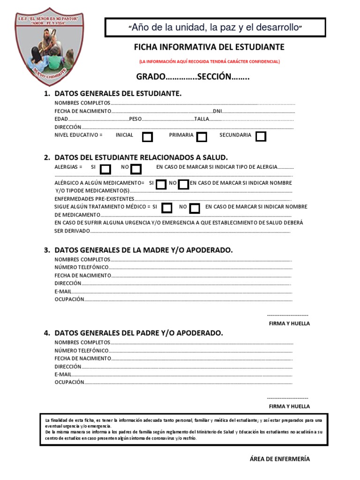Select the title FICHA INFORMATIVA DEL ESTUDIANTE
(209, 47)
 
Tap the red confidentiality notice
(209, 61)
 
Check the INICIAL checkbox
(147, 137)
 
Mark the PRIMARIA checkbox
(202, 137)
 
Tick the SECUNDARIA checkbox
(261, 136)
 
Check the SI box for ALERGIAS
(106, 169)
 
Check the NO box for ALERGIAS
(136, 169)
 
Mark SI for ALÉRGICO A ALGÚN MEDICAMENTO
(161, 184)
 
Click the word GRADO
(150, 76)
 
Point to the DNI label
(217, 111)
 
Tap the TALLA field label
(202, 119)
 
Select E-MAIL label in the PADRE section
(63, 375)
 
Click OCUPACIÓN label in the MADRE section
(69, 299)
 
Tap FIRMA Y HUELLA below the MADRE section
(289, 323)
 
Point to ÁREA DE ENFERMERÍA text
(280, 459)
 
